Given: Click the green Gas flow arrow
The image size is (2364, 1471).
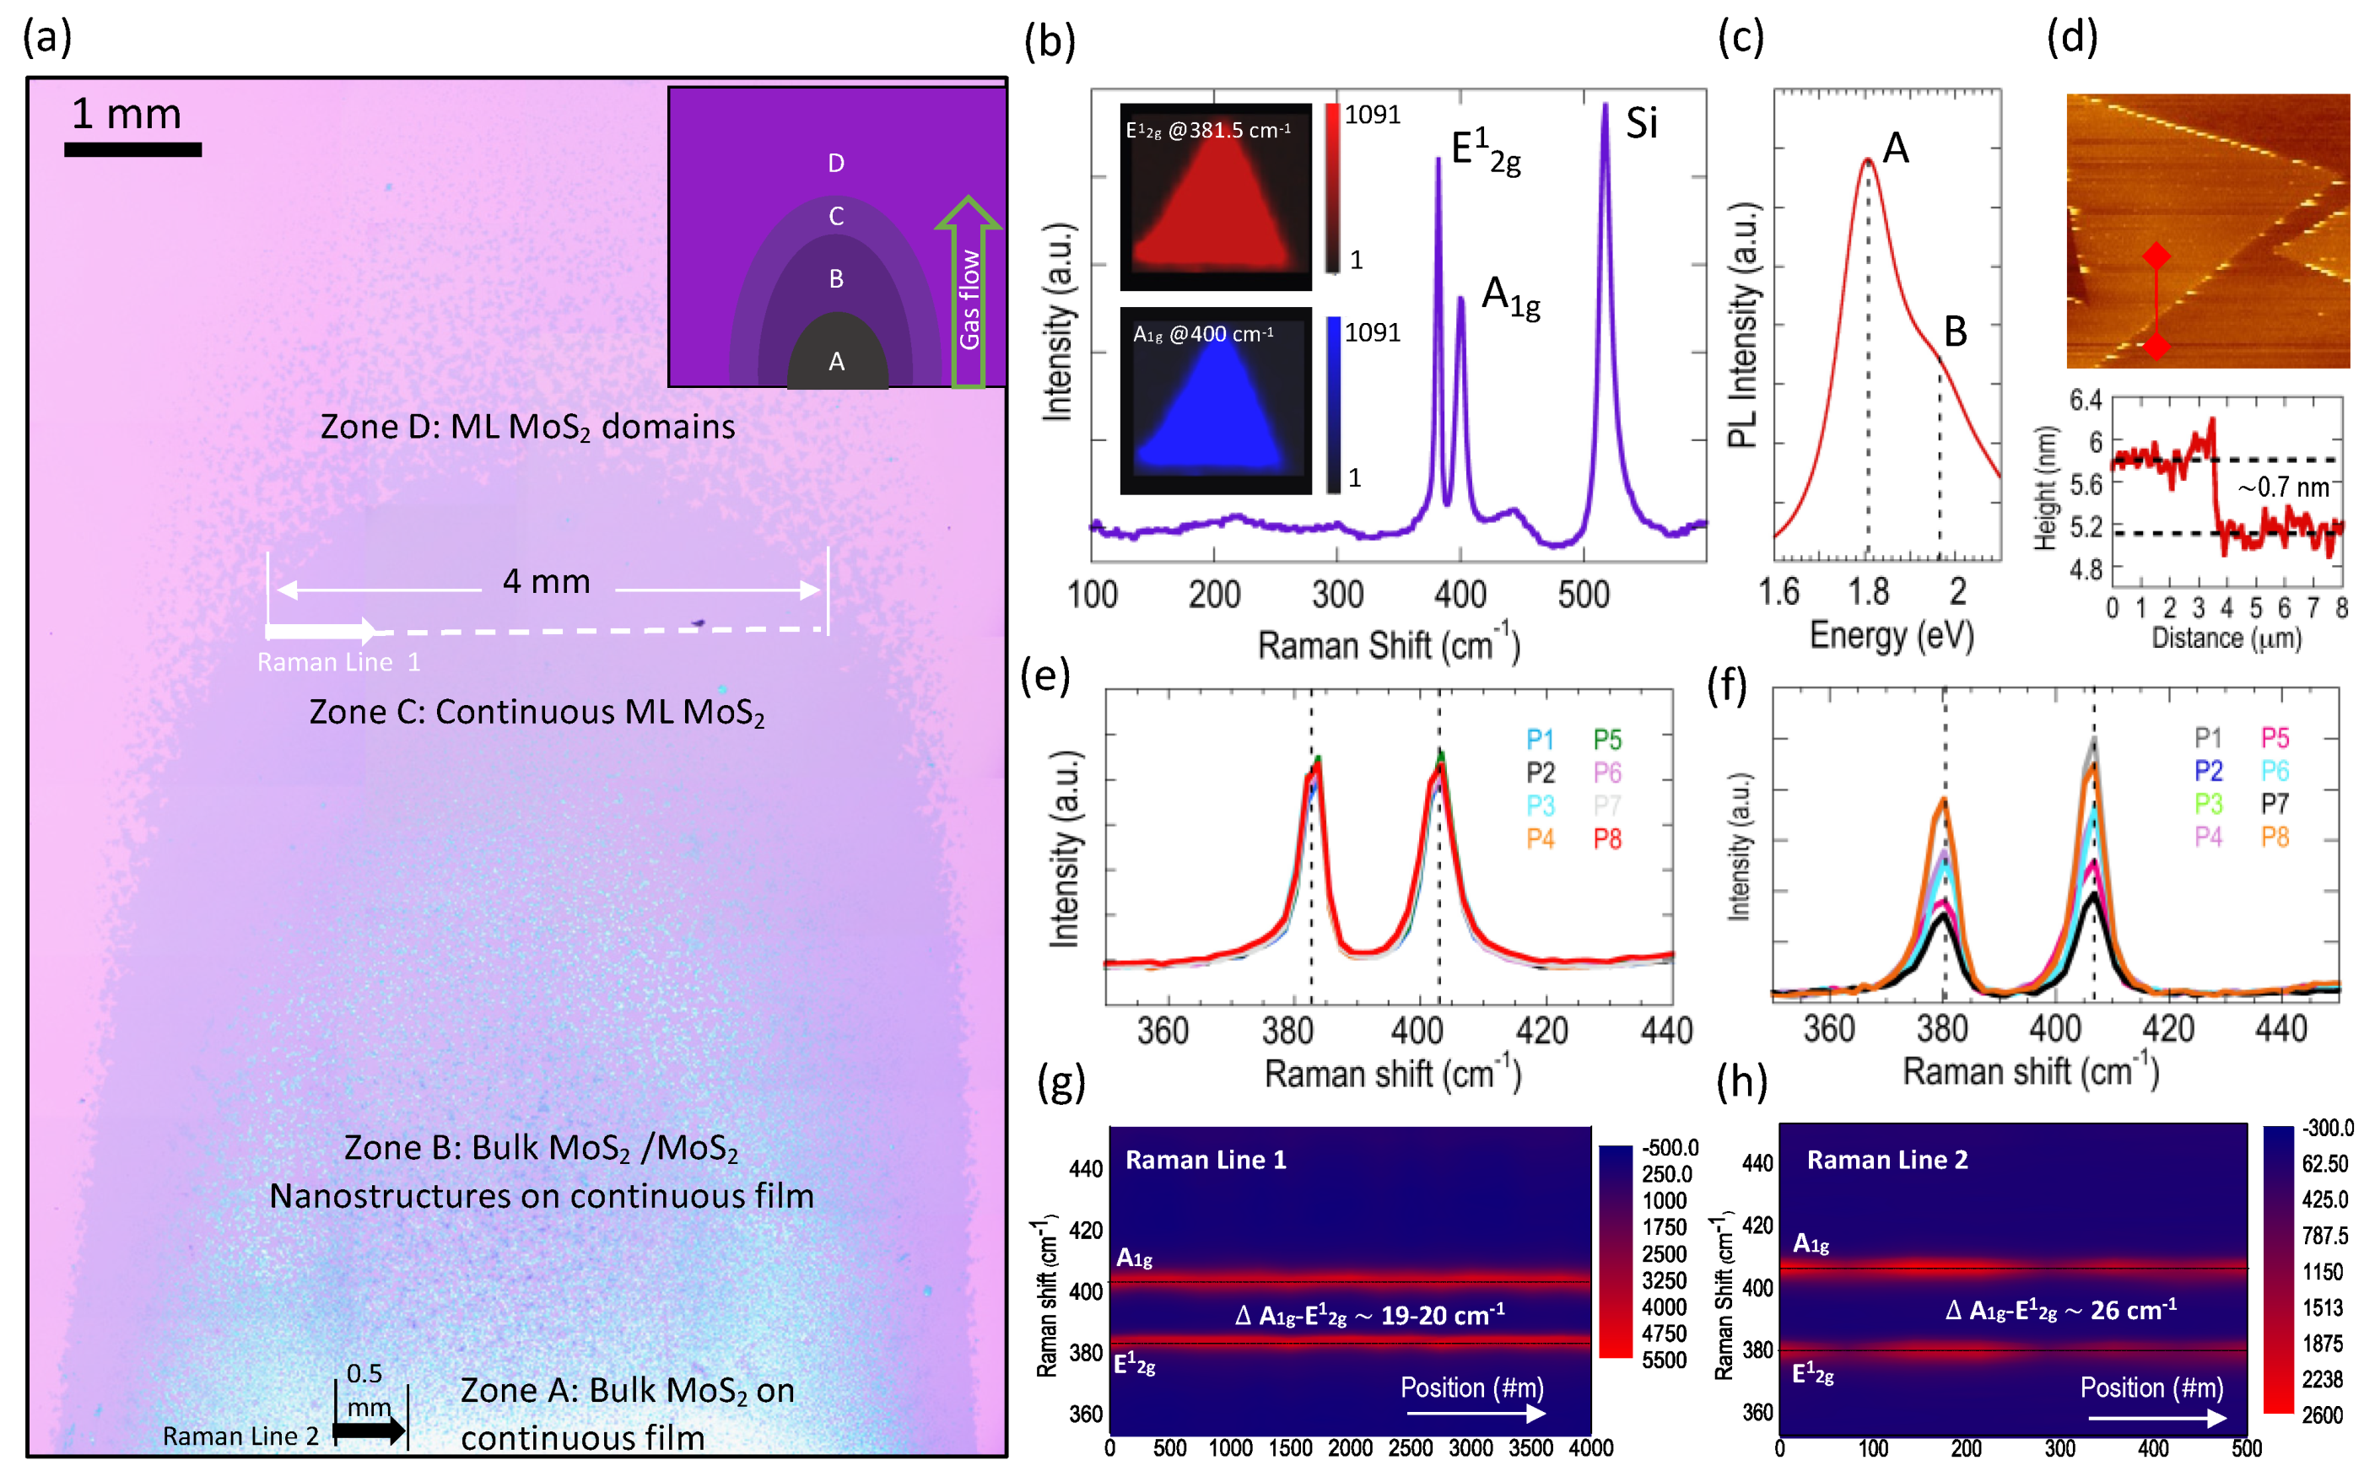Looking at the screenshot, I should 968,292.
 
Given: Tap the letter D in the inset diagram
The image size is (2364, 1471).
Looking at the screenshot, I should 836,164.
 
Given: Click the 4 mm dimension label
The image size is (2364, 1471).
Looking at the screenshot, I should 546,582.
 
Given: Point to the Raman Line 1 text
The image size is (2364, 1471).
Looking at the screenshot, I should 338,662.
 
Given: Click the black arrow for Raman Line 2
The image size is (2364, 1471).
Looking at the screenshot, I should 369,1431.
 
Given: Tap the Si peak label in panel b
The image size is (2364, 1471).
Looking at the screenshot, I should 1641,123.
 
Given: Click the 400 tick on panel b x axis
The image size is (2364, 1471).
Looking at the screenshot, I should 1460,595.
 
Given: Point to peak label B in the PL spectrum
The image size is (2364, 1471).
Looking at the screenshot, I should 1956,332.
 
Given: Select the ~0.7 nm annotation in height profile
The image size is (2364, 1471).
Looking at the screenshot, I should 2283,488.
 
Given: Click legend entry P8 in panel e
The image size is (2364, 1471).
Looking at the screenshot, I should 1607,838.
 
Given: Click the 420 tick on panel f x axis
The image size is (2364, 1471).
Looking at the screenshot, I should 2168,1028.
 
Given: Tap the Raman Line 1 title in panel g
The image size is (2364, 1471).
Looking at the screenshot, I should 1205,1160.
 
